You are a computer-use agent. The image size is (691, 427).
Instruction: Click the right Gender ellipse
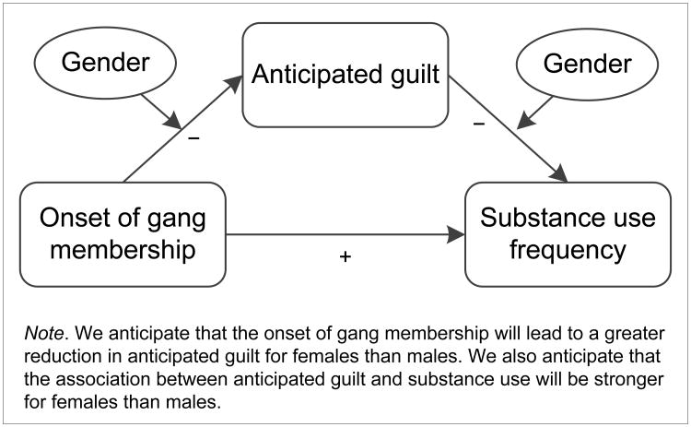pyautogui.click(x=587, y=64)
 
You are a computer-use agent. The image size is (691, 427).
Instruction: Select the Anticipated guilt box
pyautogui.click(x=345, y=75)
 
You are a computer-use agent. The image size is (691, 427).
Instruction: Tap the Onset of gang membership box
pyautogui.click(x=123, y=233)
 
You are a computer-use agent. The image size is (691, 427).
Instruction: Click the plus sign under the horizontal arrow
pyautogui.click(x=345, y=257)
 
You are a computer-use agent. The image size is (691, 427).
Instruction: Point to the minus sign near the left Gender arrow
pyautogui.click(x=193, y=137)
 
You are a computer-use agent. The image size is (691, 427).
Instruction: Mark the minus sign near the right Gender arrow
pyautogui.click(x=479, y=125)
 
